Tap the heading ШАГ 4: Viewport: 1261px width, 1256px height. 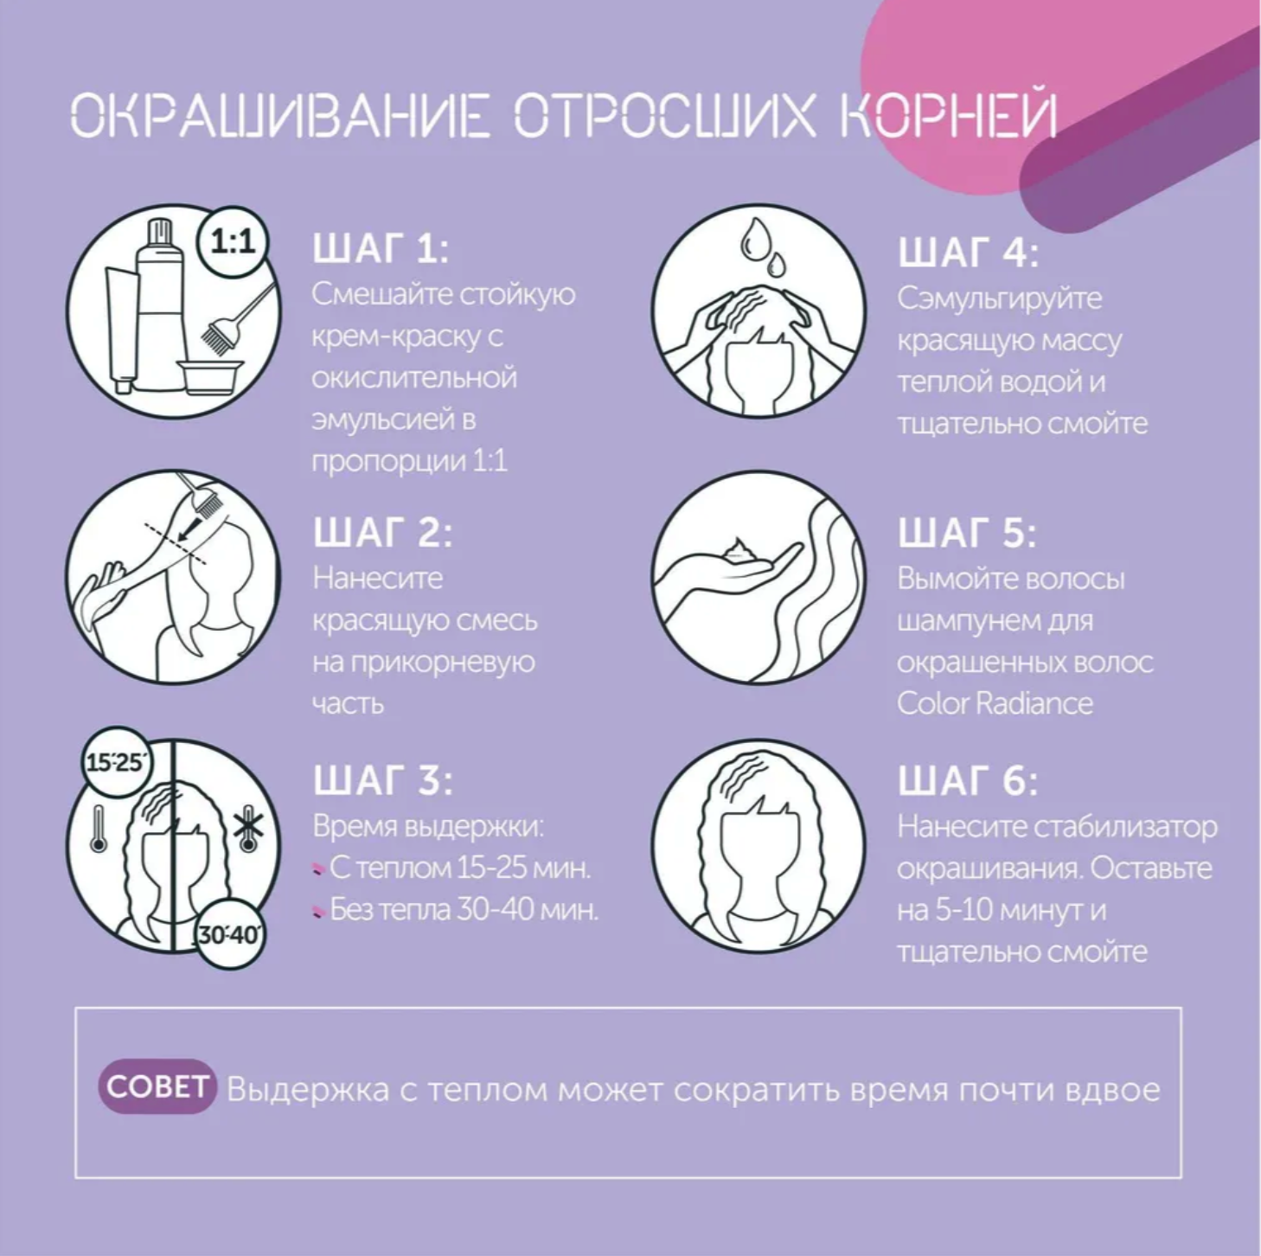tap(968, 253)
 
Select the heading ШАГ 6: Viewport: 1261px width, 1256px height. tap(968, 781)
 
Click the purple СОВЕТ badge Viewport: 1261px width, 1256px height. tap(157, 1087)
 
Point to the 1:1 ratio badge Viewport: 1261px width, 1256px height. tap(233, 243)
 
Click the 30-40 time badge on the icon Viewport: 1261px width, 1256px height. tap(230, 934)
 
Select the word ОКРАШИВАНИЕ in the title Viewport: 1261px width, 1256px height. tap(281, 117)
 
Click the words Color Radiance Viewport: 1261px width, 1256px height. tap(995, 704)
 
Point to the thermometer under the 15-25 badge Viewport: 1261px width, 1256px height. tap(99, 829)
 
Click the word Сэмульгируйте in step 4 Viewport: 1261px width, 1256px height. tap(999, 299)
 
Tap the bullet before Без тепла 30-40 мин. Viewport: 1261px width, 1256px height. tap(318, 911)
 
